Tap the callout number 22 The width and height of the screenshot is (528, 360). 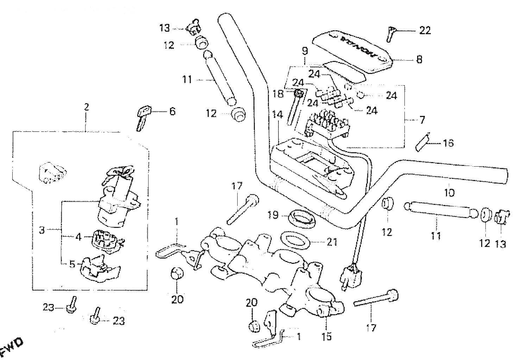(425, 31)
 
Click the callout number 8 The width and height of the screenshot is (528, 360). (419, 60)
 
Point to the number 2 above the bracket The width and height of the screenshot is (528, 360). (86, 107)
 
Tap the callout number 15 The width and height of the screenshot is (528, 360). (326, 336)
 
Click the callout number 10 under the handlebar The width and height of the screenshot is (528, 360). (450, 192)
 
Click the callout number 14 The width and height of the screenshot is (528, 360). (277, 115)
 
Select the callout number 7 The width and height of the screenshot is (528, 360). (422, 120)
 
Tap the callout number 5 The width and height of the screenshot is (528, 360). (72, 264)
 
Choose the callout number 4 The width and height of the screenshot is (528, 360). (78, 237)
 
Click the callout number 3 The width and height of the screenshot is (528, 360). (42, 231)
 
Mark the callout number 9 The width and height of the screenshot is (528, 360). (305, 51)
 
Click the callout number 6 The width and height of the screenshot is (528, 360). (172, 112)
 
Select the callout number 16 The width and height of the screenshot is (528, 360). (448, 143)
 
